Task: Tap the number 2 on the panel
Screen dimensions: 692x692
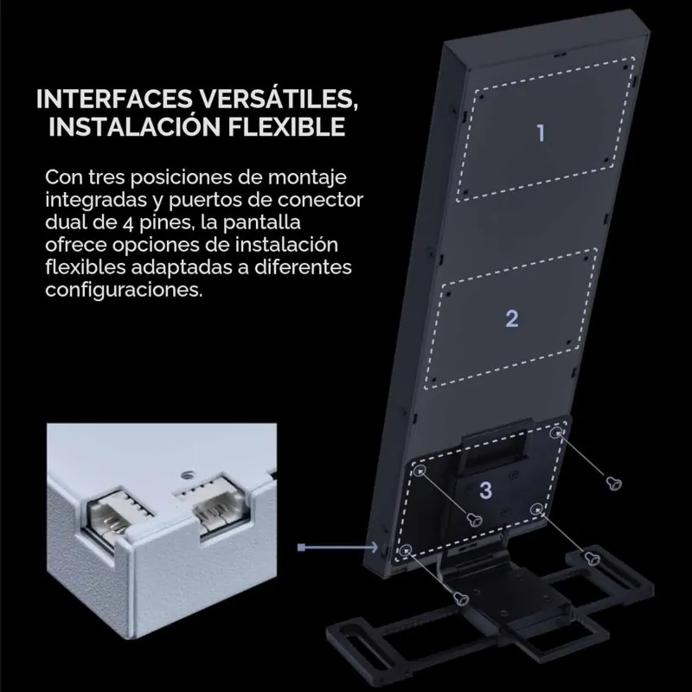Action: click(512, 318)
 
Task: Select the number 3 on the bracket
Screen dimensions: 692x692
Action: click(485, 490)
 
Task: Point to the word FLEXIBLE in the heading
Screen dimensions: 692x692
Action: click(286, 126)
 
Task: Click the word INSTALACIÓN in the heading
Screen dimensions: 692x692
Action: click(134, 126)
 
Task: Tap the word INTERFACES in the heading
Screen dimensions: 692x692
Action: click(114, 99)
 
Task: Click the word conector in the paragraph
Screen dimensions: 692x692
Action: click(320, 200)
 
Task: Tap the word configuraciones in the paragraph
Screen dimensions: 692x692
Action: click(124, 291)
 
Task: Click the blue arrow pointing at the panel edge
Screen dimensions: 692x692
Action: click(337, 548)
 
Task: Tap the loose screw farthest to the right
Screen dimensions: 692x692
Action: click(614, 484)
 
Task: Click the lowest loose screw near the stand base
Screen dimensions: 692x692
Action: click(461, 599)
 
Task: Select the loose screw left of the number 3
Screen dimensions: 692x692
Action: click(475, 520)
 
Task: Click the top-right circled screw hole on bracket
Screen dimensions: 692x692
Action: click(556, 432)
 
